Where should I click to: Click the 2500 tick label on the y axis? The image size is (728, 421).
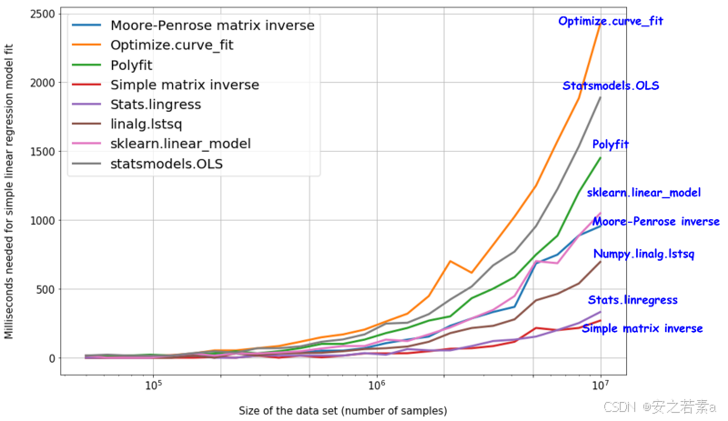point(42,14)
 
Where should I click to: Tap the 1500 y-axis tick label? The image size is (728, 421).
point(42,152)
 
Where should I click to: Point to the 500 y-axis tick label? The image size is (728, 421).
point(45,290)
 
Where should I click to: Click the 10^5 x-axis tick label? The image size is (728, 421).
point(153,385)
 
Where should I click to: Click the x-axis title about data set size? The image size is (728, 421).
point(343,411)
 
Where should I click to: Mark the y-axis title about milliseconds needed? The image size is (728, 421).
point(9,191)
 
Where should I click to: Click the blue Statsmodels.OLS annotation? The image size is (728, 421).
point(611,85)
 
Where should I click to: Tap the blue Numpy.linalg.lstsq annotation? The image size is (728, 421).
point(643,254)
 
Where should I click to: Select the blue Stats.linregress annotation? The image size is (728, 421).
point(632,300)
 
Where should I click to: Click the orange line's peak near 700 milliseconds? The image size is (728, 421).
point(450,261)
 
